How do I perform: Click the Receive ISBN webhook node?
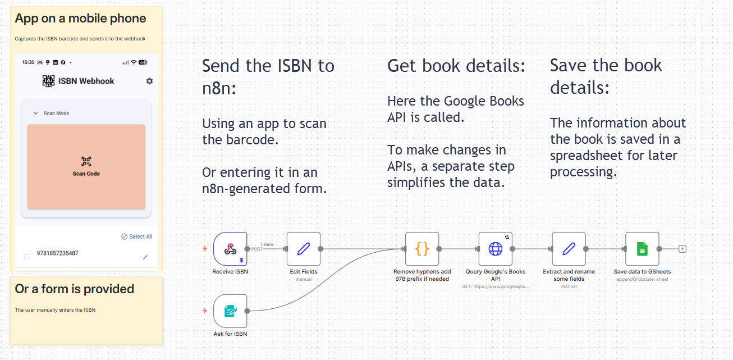[x=230, y=248]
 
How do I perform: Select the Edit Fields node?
[x=304, y=248]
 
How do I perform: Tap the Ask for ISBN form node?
[x=230, y=311]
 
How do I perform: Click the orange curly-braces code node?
[x=422, y=248]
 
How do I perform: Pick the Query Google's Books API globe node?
[x=496, y=248]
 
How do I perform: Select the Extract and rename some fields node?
[x=569, y=248]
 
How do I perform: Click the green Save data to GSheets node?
[x=642, y=248]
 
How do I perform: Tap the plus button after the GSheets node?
[x=682, y=248]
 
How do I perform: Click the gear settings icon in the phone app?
[x=149, y=81]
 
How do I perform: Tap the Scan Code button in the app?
[x=86, y=166]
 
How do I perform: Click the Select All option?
[x=137, y=236]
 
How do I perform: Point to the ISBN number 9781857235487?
[x=58, y=253]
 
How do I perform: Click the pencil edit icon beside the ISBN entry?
[x=145, y=257]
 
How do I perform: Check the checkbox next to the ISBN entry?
[x=26, y=257]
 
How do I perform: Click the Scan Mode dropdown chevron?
[x=35, y=113]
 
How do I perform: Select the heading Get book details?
[x=456, y=66]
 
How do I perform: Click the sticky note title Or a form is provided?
[x=75, y=289]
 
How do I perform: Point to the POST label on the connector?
[x=256, y=249]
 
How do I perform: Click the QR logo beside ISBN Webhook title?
[x=49, y=81]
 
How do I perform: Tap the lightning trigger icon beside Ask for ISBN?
[x=205, y=311]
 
